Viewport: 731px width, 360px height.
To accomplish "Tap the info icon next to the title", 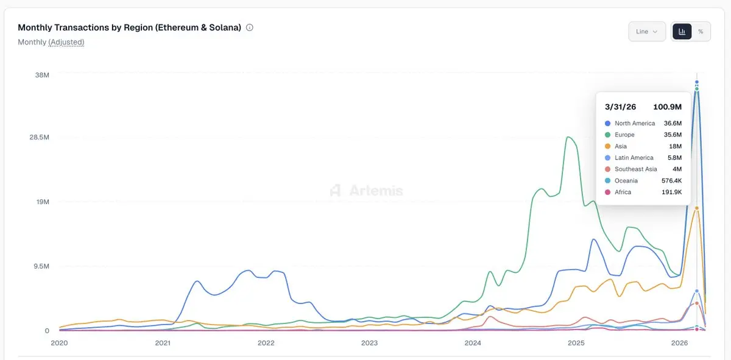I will (x=250, y=27).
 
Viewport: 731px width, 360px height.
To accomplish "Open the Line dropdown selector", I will (x=646, y=32).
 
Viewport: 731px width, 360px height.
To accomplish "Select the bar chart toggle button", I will (x=682, y=32).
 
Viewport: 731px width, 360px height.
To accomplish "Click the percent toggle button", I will (x=701, y=32).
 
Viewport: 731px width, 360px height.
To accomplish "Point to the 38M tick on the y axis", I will (x=42, y=75).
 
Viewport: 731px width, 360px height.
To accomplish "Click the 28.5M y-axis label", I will (x=38, y=138).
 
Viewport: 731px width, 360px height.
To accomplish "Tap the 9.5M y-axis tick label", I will (x=41, y=267).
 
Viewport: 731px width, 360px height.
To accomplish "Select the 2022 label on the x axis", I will (x=266, y=343).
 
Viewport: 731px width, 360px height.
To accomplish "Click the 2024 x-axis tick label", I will (x=473, y=343).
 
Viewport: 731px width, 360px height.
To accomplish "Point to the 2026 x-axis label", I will (x=679, y=343).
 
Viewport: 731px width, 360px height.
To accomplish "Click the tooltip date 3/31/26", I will (x=620, y=107).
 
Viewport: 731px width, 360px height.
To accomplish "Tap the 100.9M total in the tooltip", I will (x=667, y=107).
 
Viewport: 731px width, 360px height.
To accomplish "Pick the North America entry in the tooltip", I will (x=635, y=123).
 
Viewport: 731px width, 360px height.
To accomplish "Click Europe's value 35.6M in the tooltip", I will (x=673, y=135).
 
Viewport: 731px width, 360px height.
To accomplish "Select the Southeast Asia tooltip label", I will (x=635, y=169).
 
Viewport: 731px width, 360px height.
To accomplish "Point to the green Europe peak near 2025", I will (x=568, y=137).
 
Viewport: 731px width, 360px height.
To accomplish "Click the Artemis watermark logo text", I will (x=376, y=191).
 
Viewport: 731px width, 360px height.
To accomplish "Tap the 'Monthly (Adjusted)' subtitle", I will (x=51, y=42).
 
